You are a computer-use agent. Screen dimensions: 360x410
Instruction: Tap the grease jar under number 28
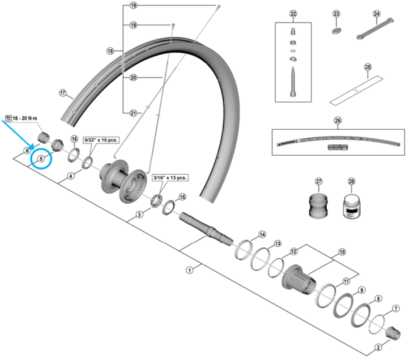click(351, 206)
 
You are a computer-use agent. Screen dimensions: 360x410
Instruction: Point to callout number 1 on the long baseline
click(189, 271)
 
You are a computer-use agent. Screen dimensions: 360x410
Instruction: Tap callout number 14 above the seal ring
click(262, 235)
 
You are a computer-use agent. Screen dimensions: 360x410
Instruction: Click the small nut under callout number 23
click(336, 30)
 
